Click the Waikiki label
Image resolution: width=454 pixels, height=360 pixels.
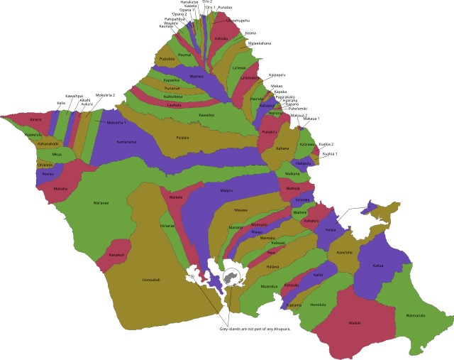[355, 324]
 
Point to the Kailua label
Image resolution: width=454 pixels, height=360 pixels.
[378, 266]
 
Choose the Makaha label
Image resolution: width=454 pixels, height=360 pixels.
[61, 189]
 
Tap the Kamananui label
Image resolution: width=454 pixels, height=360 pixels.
[127, 142]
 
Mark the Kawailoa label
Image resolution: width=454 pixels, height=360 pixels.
[206, 114]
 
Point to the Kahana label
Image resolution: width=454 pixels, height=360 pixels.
[283, 148]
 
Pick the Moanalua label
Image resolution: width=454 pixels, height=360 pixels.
[270, 286]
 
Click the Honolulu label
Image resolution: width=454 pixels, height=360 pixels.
[317, 304]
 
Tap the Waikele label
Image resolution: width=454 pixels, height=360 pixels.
[176, 197]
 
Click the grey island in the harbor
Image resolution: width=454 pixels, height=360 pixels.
[231, 278]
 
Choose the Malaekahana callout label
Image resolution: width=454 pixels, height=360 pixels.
[259, 43]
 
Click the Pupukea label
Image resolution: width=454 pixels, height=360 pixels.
[167, 59]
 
